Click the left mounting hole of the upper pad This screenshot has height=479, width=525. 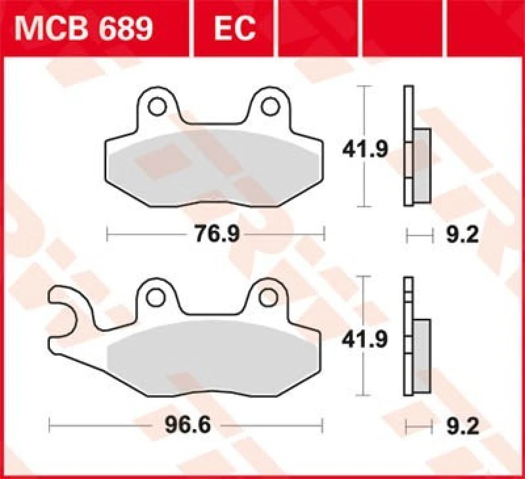tap(157, 106)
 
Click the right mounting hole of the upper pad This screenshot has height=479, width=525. tap(269, 106)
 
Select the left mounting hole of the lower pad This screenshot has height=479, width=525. tap(156, 297)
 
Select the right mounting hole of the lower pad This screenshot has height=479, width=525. tap(267, 297)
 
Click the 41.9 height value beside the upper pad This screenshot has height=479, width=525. tap(365, 150)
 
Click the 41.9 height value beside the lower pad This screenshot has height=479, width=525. tap(365, 340)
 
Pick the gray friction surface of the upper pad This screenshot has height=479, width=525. tap(213, 164)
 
